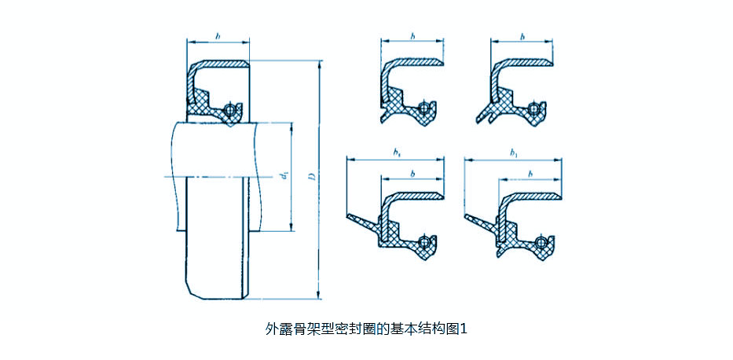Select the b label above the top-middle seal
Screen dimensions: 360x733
(x=412, y=35)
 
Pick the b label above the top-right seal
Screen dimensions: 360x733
(x=521, y=35)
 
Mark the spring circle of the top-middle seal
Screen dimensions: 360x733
(x=424, y=108)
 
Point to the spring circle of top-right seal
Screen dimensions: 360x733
(x=535, y=108)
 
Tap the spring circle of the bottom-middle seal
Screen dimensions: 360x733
(x=425, y=241)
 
